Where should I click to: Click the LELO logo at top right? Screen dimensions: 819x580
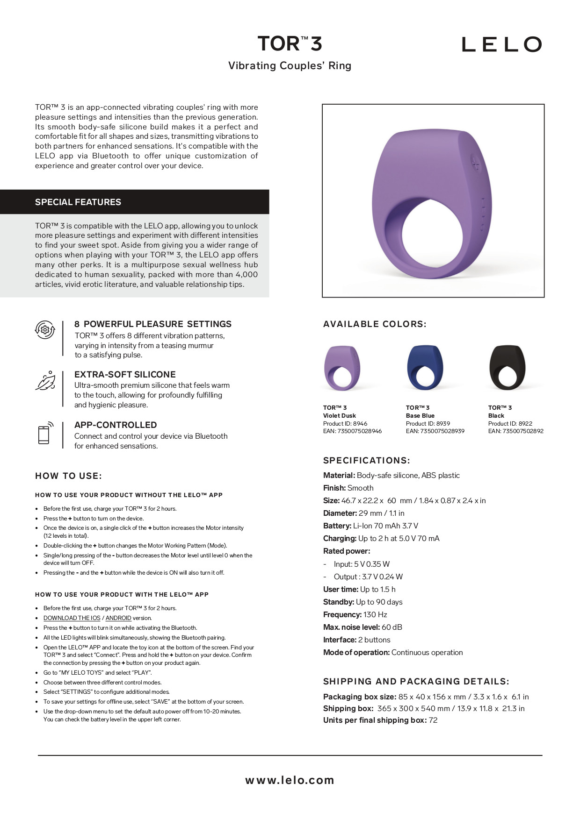click(501, 44)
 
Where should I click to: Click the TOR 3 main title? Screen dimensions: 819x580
click(290, 44)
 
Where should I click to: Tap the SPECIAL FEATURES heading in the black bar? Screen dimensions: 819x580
click(78, 202)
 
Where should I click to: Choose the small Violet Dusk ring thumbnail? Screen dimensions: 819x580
click(342, 368)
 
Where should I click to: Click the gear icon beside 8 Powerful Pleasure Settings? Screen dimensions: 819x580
click(45, 330)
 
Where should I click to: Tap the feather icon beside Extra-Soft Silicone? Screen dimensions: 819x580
click(45, 381)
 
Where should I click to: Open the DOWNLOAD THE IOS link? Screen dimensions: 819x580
click(72, 618)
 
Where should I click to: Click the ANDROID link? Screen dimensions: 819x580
click(118, 618)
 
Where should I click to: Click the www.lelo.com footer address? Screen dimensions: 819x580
click(290, 780)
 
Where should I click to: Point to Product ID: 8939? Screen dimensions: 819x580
click(428, 424)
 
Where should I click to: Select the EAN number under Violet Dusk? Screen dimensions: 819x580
click(352, 431)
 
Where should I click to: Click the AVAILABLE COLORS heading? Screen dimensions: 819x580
click(375, 324)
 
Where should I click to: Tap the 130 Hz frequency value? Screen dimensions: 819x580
click(375, 615)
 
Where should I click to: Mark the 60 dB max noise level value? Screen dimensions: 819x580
click(392, 627)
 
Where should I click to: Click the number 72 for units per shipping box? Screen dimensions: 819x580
click(433, 720)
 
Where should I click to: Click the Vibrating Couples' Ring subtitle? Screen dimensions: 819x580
click(290, 66)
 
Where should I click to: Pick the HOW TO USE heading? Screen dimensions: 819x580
click(68, 476)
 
